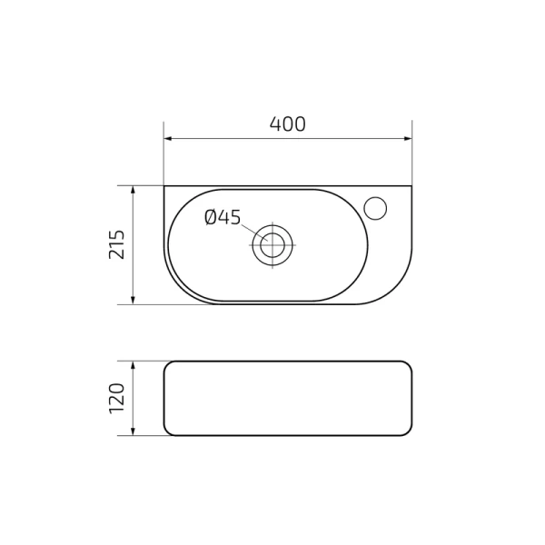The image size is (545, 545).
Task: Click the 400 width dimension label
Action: tap(288, 124)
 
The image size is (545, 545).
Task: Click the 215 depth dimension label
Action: tap(117, 244)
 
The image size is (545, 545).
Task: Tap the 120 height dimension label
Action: tap(117, 399)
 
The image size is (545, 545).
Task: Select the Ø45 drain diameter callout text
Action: tap(223, 217)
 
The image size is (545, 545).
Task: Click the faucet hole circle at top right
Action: tap(375, 208)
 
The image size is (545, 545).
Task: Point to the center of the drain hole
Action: tap(272, 245)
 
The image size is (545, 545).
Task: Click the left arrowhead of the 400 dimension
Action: tap(168, 139)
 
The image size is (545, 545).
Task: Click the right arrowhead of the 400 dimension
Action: tap(408, 139)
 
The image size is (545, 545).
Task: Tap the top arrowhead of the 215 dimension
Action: tap(133, 190)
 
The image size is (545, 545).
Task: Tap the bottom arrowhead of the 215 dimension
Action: tap(133, 301)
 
